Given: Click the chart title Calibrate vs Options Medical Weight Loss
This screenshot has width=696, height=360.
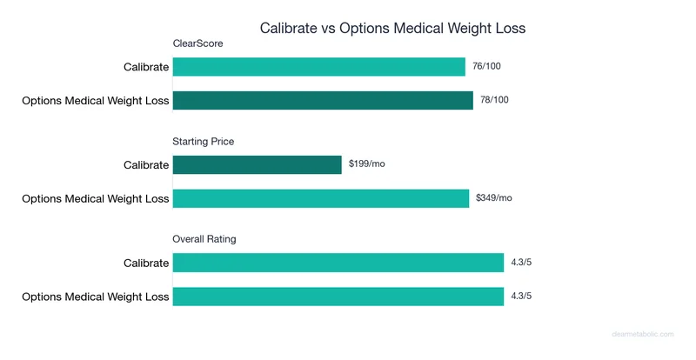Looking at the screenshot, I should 392,28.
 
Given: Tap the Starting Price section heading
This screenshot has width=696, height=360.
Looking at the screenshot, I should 204,141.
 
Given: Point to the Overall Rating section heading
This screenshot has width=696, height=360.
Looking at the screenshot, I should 204,238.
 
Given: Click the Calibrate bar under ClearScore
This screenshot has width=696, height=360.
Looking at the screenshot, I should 319,67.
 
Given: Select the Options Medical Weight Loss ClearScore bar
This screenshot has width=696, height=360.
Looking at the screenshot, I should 323,100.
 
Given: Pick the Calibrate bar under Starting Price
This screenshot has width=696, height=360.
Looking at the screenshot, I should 258,164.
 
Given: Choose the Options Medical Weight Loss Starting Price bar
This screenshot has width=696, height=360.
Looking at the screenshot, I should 321,198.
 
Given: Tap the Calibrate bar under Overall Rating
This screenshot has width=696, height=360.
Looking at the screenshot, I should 338,263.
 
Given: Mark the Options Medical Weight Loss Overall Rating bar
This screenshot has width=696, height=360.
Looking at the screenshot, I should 338,296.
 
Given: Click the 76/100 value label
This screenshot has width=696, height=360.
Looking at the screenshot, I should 487,67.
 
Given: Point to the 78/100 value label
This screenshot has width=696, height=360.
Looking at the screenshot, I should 495,100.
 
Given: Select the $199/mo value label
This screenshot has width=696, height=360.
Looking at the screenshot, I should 366,164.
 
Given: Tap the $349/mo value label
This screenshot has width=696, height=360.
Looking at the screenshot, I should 494,198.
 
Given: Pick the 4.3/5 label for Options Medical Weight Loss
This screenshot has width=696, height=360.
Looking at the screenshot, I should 522,296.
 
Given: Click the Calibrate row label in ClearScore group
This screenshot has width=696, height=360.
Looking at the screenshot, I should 146,67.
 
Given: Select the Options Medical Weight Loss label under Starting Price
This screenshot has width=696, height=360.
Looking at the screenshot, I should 96,198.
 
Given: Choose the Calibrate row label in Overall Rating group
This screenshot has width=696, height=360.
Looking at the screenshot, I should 146,263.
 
